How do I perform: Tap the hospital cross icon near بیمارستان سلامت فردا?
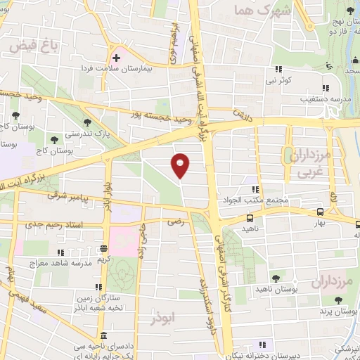tap(116, 56)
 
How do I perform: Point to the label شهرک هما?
tap(264, 11)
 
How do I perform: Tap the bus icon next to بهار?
tap(320, 212)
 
